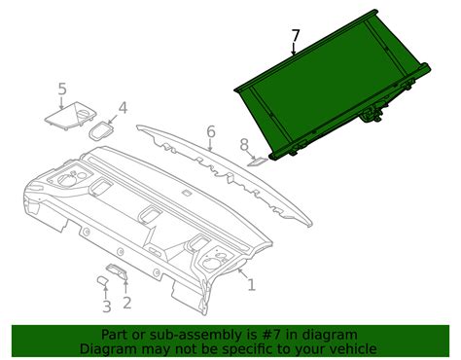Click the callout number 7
(x=296, y=36)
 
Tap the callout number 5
(x=62, y=89)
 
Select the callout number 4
(x=123, y=108)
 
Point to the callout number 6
(x=211, y=132)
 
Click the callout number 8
(x=244, y=145)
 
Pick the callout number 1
(x=252, y=285)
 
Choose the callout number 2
(x=127, y=303)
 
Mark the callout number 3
(x=107, y=306)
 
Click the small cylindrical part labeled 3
(x=103, y=280)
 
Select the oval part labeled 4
(x=101, y=131)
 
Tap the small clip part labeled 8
(x=258, y=162)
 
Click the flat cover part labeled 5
(x=70, y=116)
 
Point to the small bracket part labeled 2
(x=117, y=271)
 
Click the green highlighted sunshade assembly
(x=333, y=86)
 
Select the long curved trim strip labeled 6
(x=225, y=175)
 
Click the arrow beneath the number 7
(x=294, y=49)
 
